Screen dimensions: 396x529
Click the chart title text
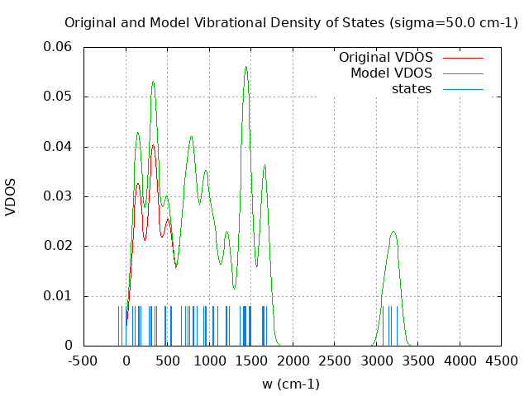click(x=291, y=22)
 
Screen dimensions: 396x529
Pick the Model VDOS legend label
click(x=391, y=73)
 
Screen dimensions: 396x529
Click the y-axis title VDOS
click(x=11, y=196)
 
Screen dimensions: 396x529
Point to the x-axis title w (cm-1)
click(x=291, y=384)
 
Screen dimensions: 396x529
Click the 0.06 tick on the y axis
click(x=57, y=47)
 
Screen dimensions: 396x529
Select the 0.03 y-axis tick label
click(x=57, y=196)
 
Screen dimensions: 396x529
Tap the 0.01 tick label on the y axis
click(x=57, y=296)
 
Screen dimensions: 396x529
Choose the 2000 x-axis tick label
click(x=293, y=361)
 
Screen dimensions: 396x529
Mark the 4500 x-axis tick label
click(x=502, y=361)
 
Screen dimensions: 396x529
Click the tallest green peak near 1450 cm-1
click(x=246, y=67)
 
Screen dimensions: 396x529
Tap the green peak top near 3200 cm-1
click(x=393, y=231)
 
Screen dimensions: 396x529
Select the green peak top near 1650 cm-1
click(x=264, y=165)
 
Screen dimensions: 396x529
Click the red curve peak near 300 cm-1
click(x=153, y=144)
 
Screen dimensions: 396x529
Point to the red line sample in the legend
click(x=463, y=58)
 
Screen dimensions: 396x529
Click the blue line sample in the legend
click(x=463, y=89)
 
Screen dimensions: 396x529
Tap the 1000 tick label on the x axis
click(x=210, y=361)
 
